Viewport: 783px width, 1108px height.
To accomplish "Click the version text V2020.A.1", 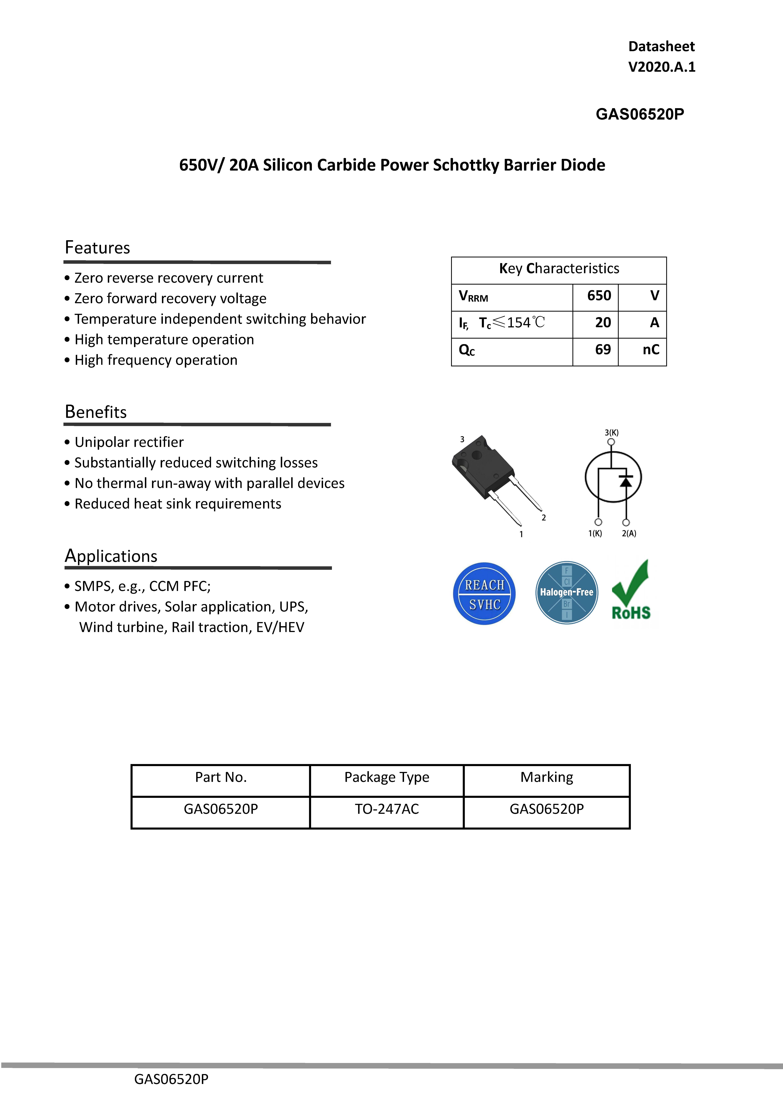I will click(661, 67).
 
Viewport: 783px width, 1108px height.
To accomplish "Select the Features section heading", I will click(97, 248).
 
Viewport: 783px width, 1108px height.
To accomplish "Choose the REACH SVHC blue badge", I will click(484, 594).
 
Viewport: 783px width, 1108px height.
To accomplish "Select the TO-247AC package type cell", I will click(387, 809).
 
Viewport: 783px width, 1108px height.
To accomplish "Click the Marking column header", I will click(547, 777).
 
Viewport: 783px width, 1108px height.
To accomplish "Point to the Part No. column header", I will click(220, 777).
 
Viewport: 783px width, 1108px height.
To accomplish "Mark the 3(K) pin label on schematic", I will click(611, 432).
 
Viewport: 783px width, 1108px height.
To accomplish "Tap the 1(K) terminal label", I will click(595, 533).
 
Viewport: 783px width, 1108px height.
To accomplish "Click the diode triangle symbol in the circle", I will click(626, 481).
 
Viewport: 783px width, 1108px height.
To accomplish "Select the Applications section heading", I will click(111, 556).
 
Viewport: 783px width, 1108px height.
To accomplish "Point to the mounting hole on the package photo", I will click(477, 455).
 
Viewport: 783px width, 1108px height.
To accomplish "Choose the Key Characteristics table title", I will click(559, 268).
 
